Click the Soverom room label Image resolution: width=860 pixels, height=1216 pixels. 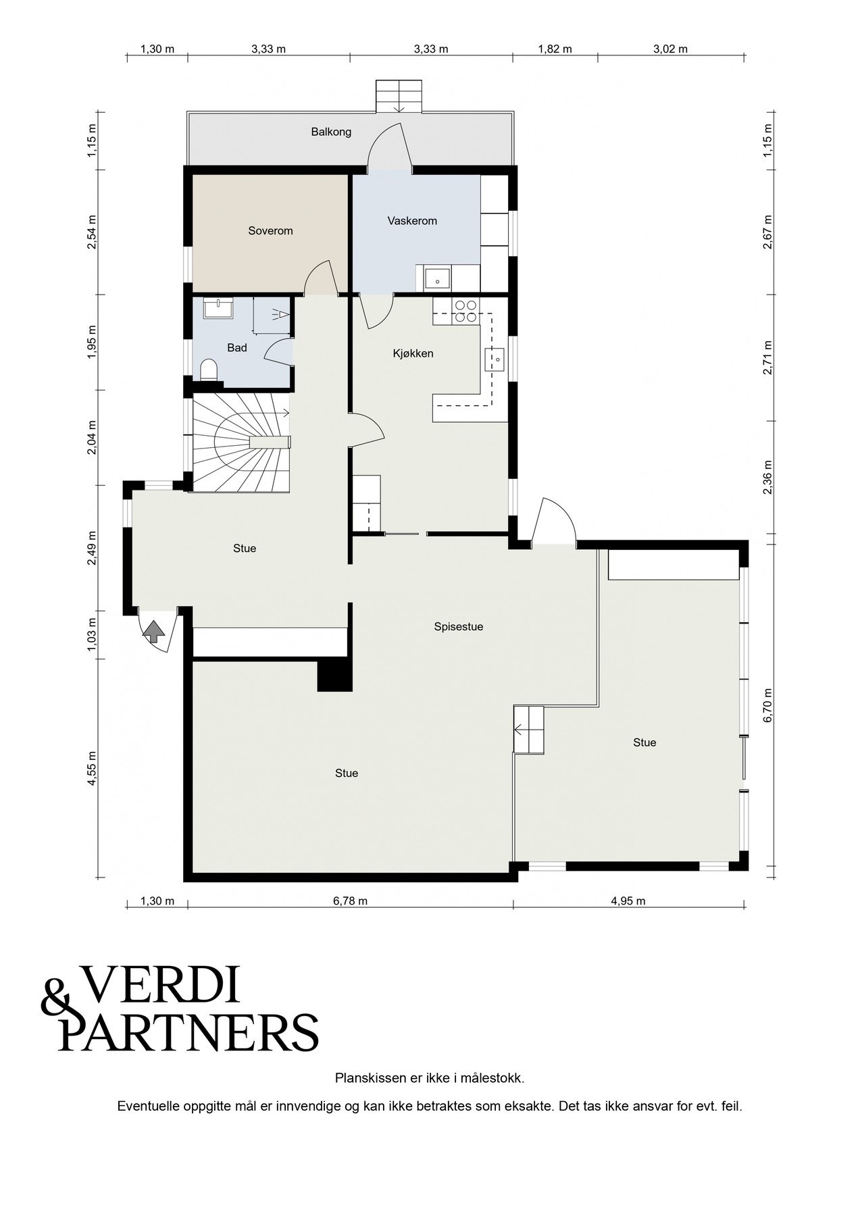click(x=270, y=231)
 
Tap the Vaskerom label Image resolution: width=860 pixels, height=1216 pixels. click(x=412, y=221)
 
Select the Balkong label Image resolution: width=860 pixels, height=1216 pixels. click(x=331, y=132)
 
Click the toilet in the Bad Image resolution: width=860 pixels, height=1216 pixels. click(x=209, y=371)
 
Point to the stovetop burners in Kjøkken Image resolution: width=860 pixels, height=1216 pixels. click(x=465, y=310)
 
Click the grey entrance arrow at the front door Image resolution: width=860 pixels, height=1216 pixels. click(x=155, y=632)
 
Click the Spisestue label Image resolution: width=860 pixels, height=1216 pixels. click(x=459, y=627)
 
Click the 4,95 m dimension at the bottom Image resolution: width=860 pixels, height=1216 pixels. click(x=628, y=901)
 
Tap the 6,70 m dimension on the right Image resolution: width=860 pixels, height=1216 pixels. click(x=767, y=706)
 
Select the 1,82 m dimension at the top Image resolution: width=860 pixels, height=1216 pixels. click(x=555, y=49)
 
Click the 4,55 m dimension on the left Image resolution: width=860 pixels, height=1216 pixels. click(x=93, y=769)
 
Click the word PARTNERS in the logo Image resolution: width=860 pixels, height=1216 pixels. click(x=189, y=1032)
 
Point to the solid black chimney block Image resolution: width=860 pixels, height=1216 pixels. click(x=334, y=676)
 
